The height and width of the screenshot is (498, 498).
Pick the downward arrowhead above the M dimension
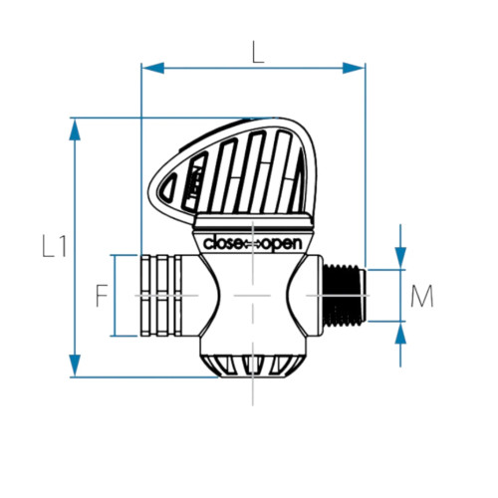400,259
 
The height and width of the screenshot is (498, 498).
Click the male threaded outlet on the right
344,295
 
